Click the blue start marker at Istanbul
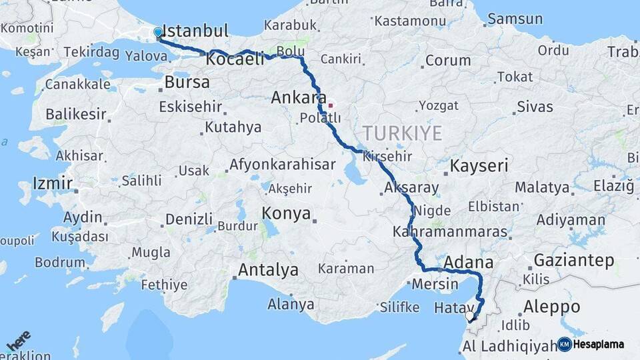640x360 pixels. tap(158, 32)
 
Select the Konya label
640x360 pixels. tap(286, 213)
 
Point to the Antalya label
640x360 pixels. tap(268, 270)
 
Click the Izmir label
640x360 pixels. tap(53, 183)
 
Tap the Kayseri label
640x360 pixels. tap(479, 166)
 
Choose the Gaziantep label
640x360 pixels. tap(573, 260)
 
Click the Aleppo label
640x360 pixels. tap(551, 307)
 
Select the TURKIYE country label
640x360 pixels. tap(402, 133)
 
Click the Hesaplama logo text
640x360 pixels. tap(599, 344)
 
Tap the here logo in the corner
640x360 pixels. tap(18, 342)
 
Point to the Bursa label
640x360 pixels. tap(187, 82)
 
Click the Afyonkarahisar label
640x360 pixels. tap(282, 165)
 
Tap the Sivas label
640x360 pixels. tap(535, 107)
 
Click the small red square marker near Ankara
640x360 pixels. tap(331, 105)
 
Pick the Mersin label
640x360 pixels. tap(435, 283)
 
